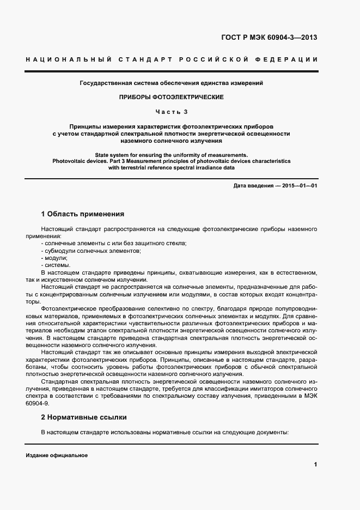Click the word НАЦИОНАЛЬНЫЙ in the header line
[x=68, y=59]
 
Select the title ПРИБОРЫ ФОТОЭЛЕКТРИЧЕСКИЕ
[x=172, y=96]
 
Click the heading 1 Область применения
[x=83, y=214]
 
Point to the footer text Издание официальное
[x=57, y=455]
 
